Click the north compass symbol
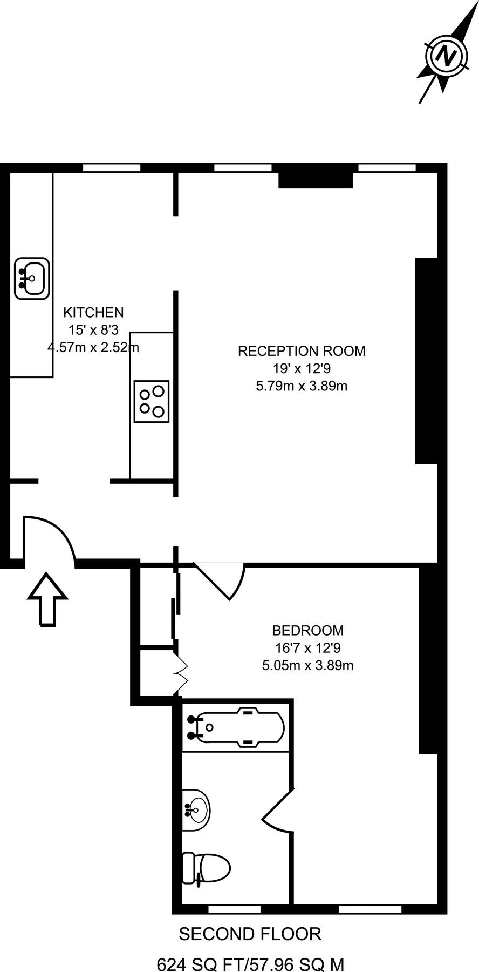(446, 55)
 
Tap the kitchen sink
(32, 278)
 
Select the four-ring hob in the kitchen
(152, 401)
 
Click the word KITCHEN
(93, 312)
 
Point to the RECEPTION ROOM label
(302, 351)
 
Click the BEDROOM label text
(307, 630)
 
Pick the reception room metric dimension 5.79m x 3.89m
(302, 386)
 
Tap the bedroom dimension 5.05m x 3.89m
(307, 665)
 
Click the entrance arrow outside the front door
(47, 599)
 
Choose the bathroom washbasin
(195, 809)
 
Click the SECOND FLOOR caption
(250, 934)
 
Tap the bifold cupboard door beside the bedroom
(181, 673)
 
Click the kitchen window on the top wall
(112, 168)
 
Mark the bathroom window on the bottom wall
(234, 909)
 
